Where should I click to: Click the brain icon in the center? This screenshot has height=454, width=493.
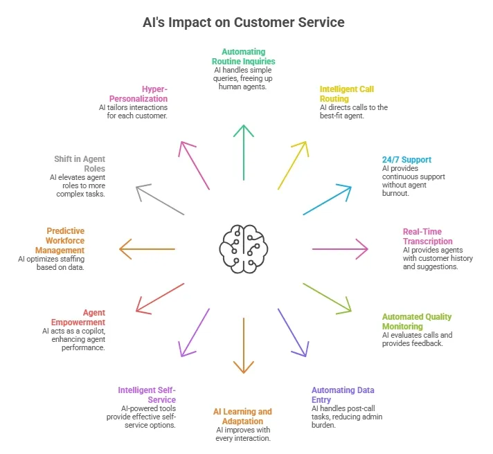click(x=243, y=248)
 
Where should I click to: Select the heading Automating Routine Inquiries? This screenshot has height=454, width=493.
click(x=243, y=57)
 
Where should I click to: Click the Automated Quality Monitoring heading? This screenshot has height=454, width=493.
click(x=417, y=321)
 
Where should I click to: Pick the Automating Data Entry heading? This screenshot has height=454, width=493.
click(x=343, y=395)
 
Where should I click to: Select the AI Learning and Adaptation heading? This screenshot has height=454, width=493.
click(x=242, y=417)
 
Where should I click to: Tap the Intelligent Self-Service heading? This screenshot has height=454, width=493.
click(x=147, y=395)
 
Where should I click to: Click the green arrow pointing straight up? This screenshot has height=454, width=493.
click(x=243, y=152)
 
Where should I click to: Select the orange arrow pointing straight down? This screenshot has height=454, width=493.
click(x=243, y=346)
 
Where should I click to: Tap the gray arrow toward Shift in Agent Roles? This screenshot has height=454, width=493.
click(x=161, y=200)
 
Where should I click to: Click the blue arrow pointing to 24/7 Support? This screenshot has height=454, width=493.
click(x=327, y=200)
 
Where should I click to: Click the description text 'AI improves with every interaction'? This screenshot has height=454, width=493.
click(x=242, y=435)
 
